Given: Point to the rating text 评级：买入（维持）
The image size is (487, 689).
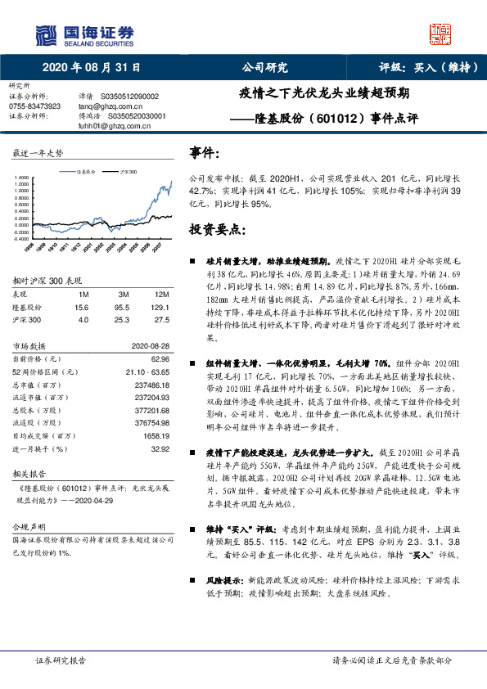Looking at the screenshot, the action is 426,68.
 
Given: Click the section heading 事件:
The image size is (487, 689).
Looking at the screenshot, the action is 205,153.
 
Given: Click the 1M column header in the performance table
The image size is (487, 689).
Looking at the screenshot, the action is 83,293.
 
